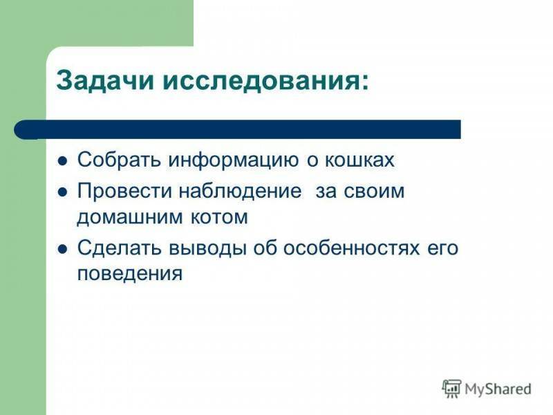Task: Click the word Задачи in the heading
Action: click(106, 81)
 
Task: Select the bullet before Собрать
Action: click(62, 162)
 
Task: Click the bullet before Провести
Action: click(62, 193)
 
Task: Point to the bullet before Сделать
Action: click(62, 250)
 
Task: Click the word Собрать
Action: click(120, 160)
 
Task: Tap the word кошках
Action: click(359, 160)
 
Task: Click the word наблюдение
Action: click(240, 192)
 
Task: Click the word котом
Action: click(219, 217)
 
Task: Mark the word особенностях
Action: click(352, 248)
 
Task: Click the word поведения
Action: click(130, 274)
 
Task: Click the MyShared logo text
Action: click(498, 389)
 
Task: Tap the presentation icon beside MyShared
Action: click(452, 389)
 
